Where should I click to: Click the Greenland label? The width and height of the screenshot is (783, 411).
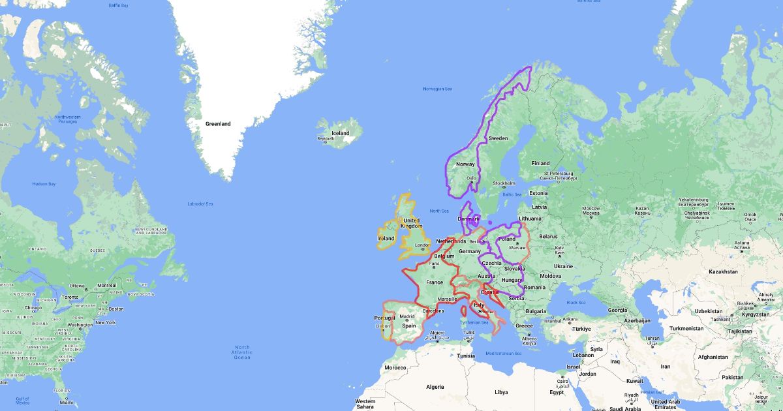(218, 123)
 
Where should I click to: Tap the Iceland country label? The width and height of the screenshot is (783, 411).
(340, 133)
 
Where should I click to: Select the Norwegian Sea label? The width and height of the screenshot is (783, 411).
(437, 89)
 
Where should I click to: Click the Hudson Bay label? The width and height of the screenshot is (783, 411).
(44, 184)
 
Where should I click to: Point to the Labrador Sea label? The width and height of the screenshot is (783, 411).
(200, 204)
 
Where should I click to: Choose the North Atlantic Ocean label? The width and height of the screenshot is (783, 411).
(242, 352)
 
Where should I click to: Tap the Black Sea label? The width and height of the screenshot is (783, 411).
(576, 302)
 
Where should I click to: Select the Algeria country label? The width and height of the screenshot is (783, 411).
(435, 387)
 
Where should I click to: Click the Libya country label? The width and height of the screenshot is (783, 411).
(500, 392)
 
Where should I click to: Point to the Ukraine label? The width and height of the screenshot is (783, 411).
(563, 266)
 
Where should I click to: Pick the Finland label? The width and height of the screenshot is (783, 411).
(540, 163)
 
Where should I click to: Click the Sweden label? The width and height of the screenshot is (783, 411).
(499, 138)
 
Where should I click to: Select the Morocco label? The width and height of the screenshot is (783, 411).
(395, 367)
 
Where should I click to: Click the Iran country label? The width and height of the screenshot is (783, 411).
(666, 366)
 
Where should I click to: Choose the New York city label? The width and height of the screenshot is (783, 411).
(105, 322)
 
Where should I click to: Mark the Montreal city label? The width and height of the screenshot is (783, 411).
(106, 286)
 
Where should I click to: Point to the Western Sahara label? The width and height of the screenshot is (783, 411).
(365, 404)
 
